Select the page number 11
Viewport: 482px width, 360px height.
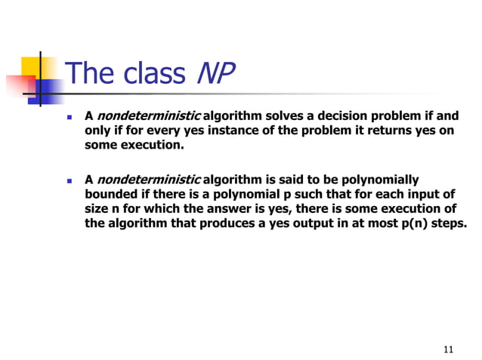pyautogui.click(x=449, y=349)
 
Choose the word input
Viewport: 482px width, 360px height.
pyautogui.click(x=422, y=193)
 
